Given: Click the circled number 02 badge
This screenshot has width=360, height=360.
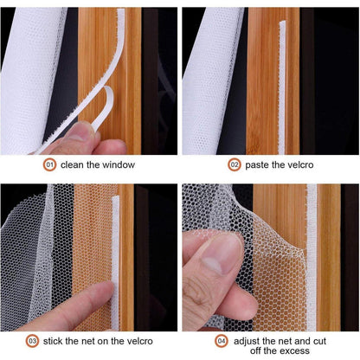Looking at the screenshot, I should coord(235,164).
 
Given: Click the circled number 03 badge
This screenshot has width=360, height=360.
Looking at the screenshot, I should coord(31,340).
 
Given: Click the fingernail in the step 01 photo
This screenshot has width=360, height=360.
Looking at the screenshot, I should coord(80,132).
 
